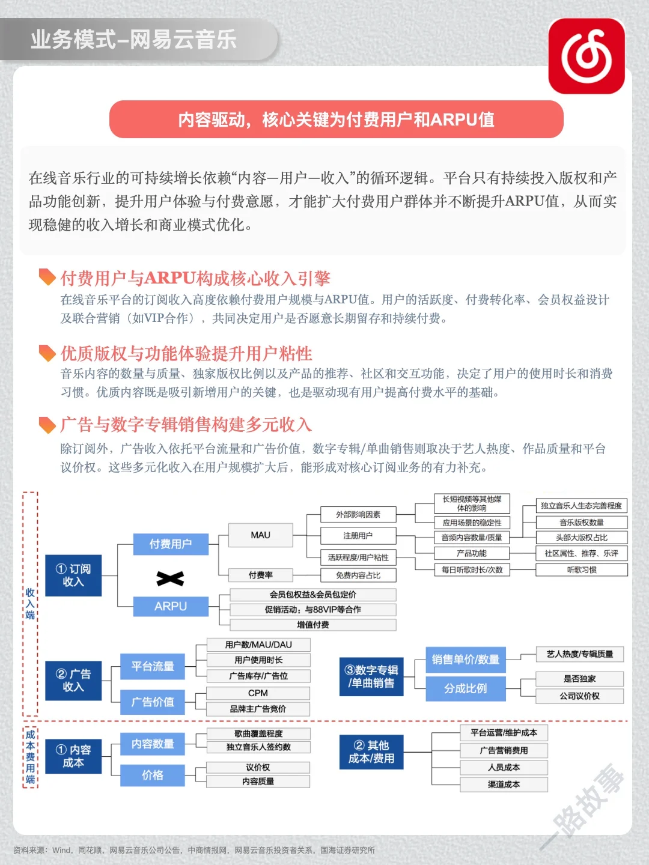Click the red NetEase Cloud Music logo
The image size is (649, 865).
click(x=587, y=56)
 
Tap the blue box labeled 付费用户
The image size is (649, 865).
click(x=171, y=544)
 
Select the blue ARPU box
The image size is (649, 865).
click(x=171, y=607)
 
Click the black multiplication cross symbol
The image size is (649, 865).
click(x=170, y=578)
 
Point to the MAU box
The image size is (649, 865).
click(x=260, y=535)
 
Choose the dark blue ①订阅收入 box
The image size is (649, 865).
click(x=73, y=575)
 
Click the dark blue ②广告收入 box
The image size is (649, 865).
click(x=73, y=681)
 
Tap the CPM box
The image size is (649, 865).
click(x=258, y=693)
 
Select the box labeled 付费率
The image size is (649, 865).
click(x=260, y=575)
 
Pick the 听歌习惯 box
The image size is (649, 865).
click(x=581, y=569)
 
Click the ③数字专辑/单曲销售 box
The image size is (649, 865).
click(x=371, y=676)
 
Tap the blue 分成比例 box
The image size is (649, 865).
click(x=466, y=688)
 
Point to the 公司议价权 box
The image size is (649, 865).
click(x=580, y=696)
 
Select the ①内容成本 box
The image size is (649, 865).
click(x=73, y=756)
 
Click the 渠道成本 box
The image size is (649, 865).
click(x=504, y=785)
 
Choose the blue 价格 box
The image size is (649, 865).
click(x=153, y=775)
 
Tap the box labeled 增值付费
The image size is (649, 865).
click(x=312, y=625)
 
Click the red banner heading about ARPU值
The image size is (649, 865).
click(x=336, y=120)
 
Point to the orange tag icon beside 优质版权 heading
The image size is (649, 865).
click(x=47, y=352)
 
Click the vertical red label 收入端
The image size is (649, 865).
click(x=30, y=604)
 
